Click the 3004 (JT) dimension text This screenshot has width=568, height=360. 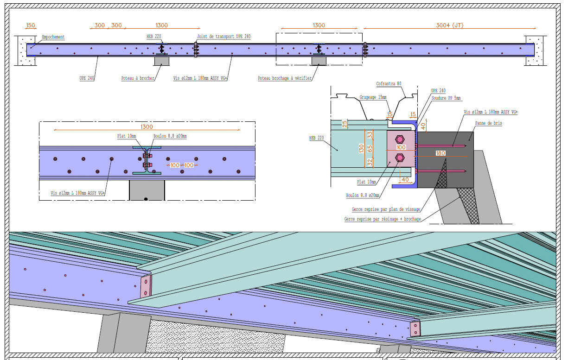tap(449, 25)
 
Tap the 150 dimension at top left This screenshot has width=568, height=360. tap(31, 25)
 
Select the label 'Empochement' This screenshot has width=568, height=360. tap(53, 37)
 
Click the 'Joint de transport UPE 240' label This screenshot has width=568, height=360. tap(224, 36)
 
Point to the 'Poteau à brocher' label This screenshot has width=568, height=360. tap(138, 78)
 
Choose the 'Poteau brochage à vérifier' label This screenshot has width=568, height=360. tap(285, 78)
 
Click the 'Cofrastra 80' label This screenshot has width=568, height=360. tap(389, 84)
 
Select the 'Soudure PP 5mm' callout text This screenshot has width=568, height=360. tap(446, 98)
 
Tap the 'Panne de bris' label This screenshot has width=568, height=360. tap(488, 123)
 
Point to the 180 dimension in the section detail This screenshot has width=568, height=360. tap(440, 153)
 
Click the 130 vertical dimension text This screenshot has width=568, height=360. tap(361, 148)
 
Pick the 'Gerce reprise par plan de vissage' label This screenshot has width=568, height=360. tap(386, 209)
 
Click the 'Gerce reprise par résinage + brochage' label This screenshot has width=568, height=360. tap(383, 219)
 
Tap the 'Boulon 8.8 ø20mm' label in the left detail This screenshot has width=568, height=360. tap(170, 136)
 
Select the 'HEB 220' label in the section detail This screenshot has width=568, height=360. tap(316, 138)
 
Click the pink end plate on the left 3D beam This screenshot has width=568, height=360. tap(146, 286)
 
